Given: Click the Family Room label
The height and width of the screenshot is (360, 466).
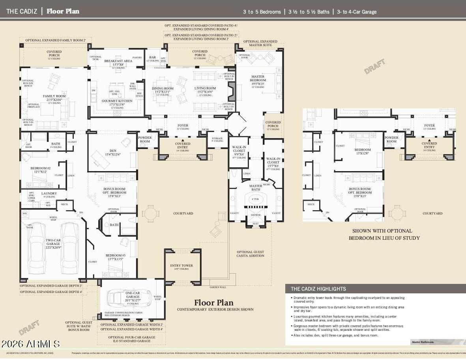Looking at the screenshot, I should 54,96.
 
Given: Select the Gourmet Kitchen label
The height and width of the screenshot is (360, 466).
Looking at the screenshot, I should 117,101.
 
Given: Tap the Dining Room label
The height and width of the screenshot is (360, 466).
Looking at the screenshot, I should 163,89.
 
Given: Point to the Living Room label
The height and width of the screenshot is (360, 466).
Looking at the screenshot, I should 205,88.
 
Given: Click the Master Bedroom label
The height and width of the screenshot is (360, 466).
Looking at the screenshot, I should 258,78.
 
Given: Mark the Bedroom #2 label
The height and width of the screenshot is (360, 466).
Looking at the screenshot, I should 41,168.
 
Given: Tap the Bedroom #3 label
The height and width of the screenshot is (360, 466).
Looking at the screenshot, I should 115,256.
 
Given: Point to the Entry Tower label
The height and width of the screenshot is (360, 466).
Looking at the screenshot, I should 182,265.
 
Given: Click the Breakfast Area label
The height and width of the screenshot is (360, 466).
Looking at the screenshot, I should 118,61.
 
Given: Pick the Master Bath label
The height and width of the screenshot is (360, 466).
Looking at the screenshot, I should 256,188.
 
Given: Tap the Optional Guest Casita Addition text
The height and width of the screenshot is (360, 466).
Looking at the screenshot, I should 250,254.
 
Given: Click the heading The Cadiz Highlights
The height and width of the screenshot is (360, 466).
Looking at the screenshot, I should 318,289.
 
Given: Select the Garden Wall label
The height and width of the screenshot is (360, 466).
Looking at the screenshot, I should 218,287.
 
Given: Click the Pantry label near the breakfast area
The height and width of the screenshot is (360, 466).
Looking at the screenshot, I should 137,58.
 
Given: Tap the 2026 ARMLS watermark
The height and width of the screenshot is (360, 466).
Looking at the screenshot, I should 30,344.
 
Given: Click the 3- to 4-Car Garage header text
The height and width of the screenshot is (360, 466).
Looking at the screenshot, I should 356,12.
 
